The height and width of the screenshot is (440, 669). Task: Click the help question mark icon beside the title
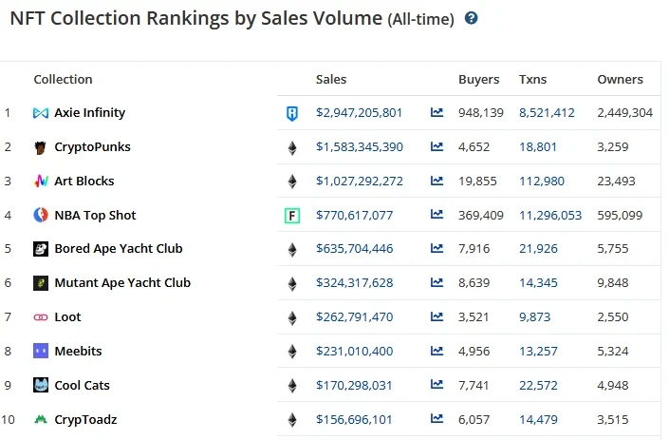[472, 18]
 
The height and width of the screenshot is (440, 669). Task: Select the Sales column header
[331, 80]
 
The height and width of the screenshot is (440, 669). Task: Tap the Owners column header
[620, 80]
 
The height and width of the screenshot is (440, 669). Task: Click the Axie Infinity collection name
[89, 113]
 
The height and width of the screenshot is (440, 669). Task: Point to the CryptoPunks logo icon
[41, 147]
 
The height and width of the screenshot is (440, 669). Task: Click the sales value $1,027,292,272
[360, 182]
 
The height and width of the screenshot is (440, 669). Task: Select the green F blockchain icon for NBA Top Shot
[292, 216]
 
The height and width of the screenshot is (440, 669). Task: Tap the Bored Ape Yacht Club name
[119, 249]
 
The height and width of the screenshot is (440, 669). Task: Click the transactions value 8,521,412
[547, 113]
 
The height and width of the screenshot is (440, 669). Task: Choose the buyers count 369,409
[480, 216]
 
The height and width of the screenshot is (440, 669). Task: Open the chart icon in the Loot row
[437, 317]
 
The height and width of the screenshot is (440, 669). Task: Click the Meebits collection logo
[41, 352]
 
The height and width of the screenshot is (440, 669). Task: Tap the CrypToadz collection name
[85, 419]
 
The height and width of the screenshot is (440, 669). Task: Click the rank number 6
[8, 283]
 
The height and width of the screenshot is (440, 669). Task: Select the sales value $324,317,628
[355, 283]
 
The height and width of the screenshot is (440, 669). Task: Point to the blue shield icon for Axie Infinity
[292, 114]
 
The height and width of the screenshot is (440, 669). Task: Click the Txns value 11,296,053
[550, 216]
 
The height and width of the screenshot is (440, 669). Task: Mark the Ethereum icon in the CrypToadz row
[292, 420]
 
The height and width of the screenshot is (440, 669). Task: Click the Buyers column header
[478, 80]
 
